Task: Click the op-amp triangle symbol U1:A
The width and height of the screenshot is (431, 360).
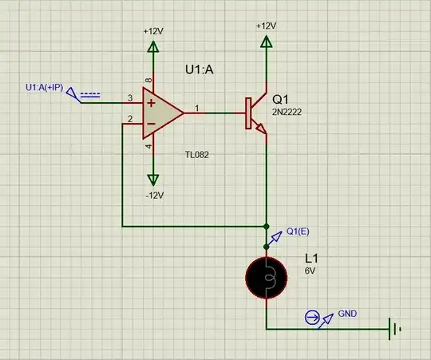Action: [162, 113]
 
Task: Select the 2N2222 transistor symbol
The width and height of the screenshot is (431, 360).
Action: [253, 114]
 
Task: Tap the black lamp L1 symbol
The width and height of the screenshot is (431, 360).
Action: [266, 277]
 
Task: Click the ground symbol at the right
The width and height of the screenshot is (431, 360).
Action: [393, 328]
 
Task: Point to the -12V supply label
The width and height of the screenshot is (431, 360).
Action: [153, 196]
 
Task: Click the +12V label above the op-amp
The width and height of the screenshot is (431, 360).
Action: [153, 30]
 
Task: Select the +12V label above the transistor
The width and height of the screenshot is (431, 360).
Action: [266, 26]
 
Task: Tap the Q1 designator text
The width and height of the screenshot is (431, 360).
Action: [282, 99]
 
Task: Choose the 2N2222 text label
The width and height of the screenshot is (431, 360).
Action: [288, 113]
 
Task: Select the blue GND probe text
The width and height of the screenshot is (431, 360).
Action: [348, 313]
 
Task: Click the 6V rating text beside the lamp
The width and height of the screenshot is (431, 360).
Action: [310, 271]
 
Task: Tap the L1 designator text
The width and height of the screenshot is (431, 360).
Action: [311, 259]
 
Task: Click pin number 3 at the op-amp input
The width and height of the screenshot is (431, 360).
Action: [129, 99]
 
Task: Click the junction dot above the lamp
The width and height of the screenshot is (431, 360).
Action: [266, 226]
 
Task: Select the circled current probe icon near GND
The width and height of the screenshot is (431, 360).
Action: [311, 318]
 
